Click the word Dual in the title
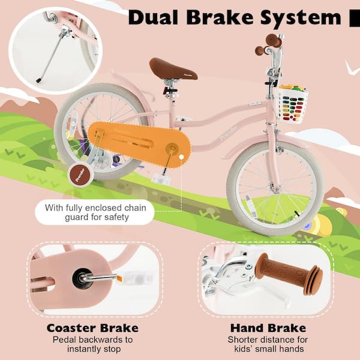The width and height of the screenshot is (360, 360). [x=153, y=17]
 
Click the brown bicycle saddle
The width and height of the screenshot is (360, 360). [x=173, y=69]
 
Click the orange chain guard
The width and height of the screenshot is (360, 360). [x=139, y=141]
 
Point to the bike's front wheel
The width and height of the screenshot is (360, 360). [x=275, y=188]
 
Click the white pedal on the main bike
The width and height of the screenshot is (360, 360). [x=161, y=179]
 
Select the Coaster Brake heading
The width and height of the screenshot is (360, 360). [x=92, y=328]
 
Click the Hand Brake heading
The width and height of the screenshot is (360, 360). [x=268, y=328]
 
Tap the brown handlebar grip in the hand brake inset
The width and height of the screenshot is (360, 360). [x=289, y=274]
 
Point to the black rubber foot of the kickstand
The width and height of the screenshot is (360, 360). [x=38, y=80]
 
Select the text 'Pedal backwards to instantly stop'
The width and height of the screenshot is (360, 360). [x=93, y=344]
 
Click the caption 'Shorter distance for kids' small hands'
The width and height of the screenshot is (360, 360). [x=268, y=344]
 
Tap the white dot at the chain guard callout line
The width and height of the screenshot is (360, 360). [x=182, y=157]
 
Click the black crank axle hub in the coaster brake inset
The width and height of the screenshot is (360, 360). [x=82, y=278]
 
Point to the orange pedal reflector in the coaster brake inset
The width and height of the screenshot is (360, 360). [x=119, y=278]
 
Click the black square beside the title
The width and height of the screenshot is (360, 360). [x=355, y=18]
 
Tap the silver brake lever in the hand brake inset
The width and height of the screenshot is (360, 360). [x=227, y=275]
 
